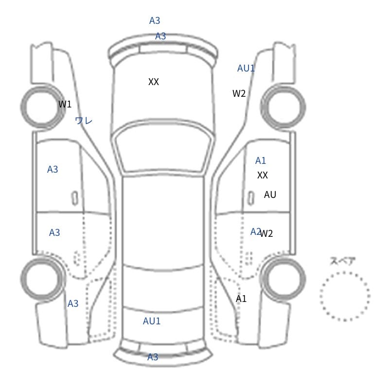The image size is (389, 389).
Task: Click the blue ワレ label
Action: (84, 121)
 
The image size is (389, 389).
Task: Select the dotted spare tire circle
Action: (345, 296)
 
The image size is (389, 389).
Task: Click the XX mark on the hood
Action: (154, 82)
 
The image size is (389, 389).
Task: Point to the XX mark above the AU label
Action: (263, 175)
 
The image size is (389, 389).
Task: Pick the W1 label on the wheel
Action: (65, 104)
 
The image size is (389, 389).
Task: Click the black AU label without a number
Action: (270, 194)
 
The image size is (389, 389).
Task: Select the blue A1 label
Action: (261, 160)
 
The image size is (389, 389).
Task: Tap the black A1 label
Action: (241, 299)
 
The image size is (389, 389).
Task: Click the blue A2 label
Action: (255, 231)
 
